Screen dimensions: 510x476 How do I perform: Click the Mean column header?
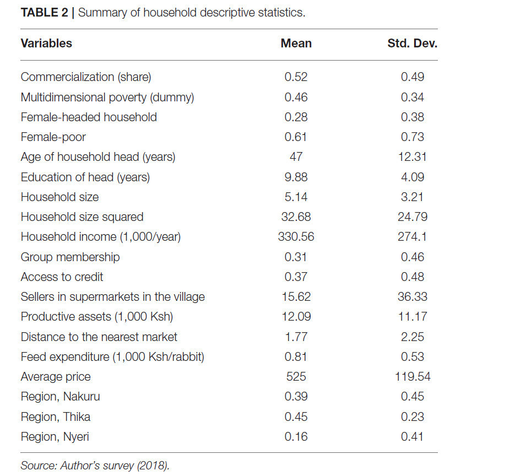(296, 44)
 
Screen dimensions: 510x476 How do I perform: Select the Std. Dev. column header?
(412, 44)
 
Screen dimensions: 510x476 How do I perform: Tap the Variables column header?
(46, 44)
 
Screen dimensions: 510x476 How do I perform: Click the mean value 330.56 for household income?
(296, 236)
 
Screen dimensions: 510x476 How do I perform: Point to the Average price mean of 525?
(296, 376)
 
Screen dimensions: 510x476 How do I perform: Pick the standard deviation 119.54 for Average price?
(413, 376)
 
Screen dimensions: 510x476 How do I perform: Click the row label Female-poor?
(53, 137)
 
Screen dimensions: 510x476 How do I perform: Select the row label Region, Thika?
(55, 417)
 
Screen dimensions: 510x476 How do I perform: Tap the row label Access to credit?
(62, 277)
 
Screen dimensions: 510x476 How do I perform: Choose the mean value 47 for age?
(296, 157)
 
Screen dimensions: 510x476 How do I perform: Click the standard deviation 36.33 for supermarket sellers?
(413, 296)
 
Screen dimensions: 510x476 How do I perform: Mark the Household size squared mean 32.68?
(296, 217)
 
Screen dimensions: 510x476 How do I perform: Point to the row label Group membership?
(70, 257)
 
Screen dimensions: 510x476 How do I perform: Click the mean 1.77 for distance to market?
(296, 337)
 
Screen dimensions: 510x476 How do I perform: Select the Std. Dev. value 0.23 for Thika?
(413, 417)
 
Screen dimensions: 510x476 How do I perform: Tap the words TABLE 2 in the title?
(44, 13)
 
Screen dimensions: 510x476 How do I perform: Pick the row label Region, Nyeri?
(55, 437)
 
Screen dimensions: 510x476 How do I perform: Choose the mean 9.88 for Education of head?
(296, 177)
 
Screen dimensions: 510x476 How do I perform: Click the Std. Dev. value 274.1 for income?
(412, 236)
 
